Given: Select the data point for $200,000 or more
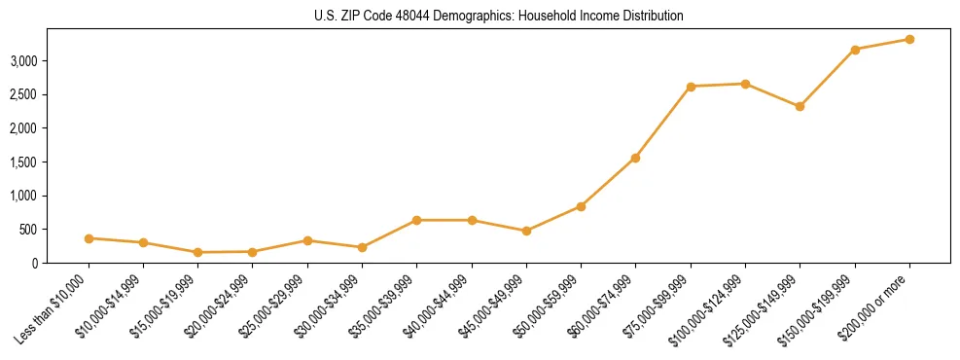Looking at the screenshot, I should (909, 39).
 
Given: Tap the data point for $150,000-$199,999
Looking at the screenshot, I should (855, 50).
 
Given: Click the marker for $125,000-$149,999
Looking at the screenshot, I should (800, 106).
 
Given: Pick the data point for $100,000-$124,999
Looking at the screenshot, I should (745, 84).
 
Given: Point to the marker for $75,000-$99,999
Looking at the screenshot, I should (691, 87).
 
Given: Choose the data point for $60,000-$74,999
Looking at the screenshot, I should (635, 158).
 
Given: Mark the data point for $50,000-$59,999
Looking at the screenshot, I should (581, 206).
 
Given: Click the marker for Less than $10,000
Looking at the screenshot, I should (89, 238).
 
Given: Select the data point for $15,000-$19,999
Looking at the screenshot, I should (197, 252).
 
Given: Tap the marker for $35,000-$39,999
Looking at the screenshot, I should (416, 220).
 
